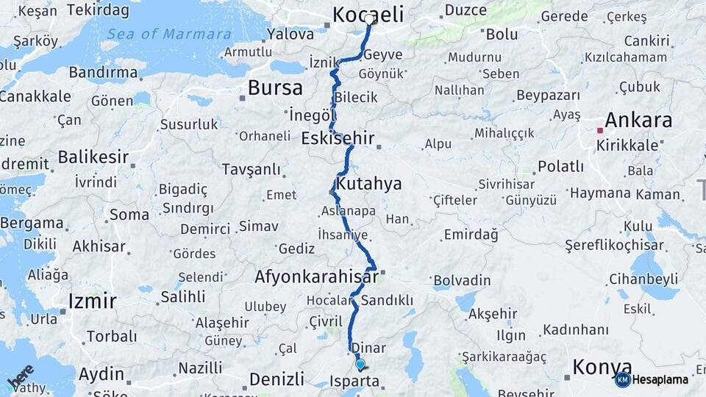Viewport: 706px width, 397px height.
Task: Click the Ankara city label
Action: point(638,121)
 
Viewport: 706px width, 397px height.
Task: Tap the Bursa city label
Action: point(275,88)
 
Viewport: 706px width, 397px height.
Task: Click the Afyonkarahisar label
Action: point(317,277)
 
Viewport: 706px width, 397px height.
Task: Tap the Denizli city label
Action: point(277,379)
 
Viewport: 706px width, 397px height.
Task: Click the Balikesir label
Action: point(93,157)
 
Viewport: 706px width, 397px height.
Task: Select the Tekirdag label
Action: point(97,10)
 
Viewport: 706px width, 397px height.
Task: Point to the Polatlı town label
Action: point(560,166)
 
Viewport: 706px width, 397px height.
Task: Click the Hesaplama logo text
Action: point(662,379)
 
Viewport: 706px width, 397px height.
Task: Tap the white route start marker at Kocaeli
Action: point(369,19)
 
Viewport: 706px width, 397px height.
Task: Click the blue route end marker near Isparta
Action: point(360,364)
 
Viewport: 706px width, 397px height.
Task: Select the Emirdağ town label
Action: point(471,235)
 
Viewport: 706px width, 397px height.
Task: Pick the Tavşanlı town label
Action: point(251,170)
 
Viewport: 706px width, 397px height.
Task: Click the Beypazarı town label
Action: point(549,96)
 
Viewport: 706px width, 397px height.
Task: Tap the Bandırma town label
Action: point(104,72)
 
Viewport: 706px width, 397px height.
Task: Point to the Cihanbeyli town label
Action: point(643,279)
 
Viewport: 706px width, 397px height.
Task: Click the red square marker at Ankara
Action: point(600,130)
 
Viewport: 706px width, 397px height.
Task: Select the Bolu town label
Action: point(502,34)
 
